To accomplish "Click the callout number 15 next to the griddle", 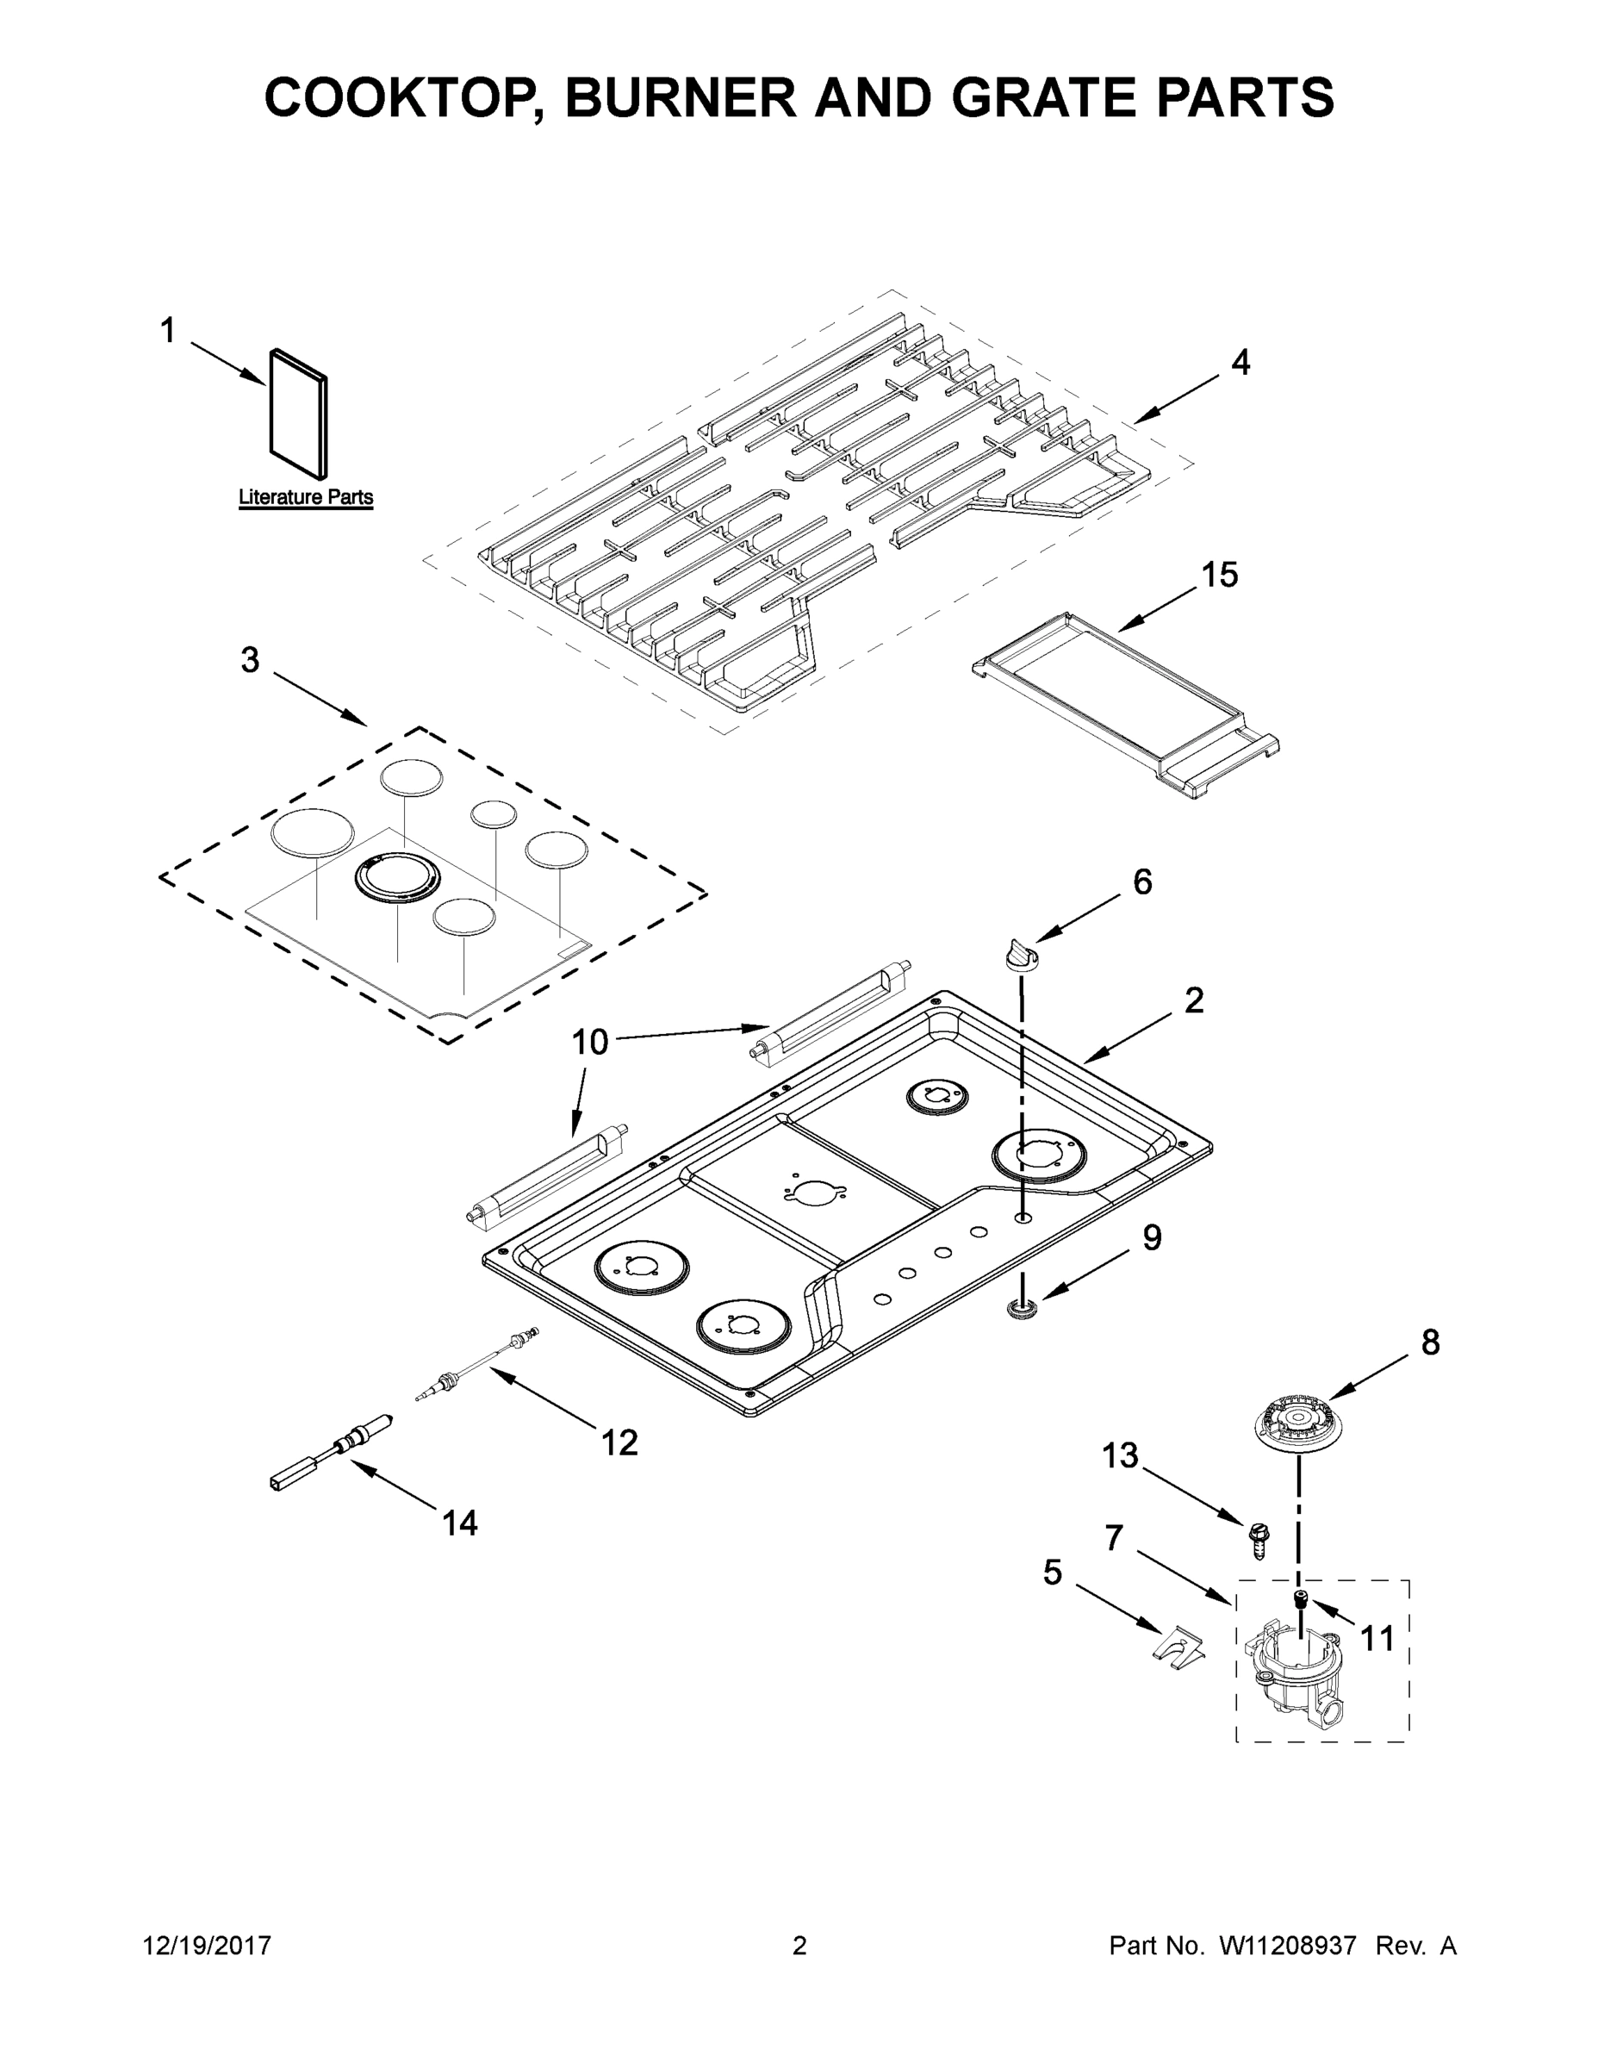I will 1219,575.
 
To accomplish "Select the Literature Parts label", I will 305,497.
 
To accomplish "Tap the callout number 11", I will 1377,1637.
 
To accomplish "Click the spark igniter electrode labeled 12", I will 479,1363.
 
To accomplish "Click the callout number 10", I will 589,1043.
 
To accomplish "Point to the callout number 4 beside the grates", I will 1240,363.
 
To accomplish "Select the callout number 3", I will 249,660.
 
